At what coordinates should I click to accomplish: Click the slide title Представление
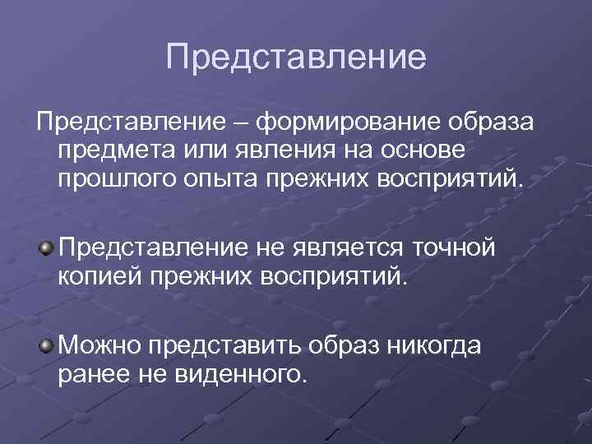pyautogui.click(x=296, y=58)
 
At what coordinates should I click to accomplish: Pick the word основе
pyautogui.click(x=428, y=151)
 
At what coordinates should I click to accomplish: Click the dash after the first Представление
pyautogui.click(x=239, y=123)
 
